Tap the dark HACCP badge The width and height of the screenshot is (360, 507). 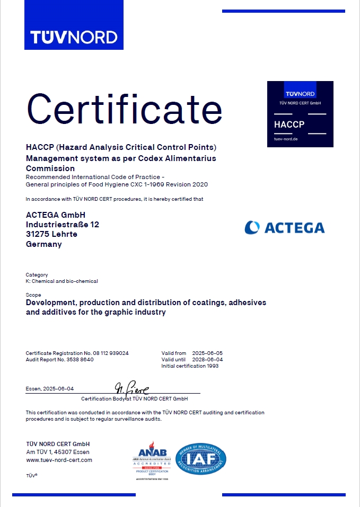301,114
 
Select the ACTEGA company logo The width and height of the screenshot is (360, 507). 285,228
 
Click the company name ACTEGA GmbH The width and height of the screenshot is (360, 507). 56,215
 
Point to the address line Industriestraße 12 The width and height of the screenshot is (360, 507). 62,225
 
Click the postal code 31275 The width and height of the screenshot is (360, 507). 36,234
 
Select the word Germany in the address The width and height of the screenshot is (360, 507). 43,244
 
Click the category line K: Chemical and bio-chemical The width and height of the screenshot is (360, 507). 62,281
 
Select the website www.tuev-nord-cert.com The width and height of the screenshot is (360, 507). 59,460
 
